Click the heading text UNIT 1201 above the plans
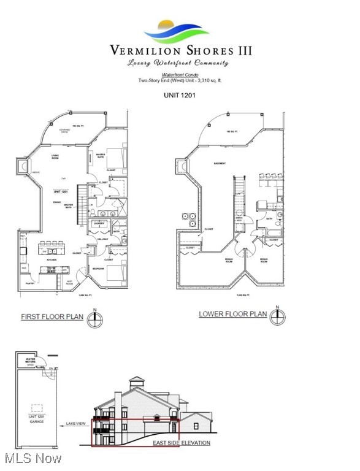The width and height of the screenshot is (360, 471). (x=179, y=96)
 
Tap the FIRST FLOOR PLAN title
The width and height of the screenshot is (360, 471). (x=52, y=317)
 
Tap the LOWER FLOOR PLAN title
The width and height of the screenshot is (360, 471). (x=232, y=314)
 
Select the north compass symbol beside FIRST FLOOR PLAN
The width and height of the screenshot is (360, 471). (x=94, y=319)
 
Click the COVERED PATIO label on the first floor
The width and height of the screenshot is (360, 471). (x=64, y=131)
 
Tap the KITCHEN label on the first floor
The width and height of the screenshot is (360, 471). (x=52, y=260)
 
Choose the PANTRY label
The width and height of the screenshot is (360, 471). (x=29, y=283)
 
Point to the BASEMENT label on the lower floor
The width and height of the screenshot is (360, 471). (x=219, y=164)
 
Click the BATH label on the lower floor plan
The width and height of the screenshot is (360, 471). (x=269, y=218)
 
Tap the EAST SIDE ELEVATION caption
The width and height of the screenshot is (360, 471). (x=182, y=443)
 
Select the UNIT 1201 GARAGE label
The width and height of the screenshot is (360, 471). (x=38, y=419)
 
